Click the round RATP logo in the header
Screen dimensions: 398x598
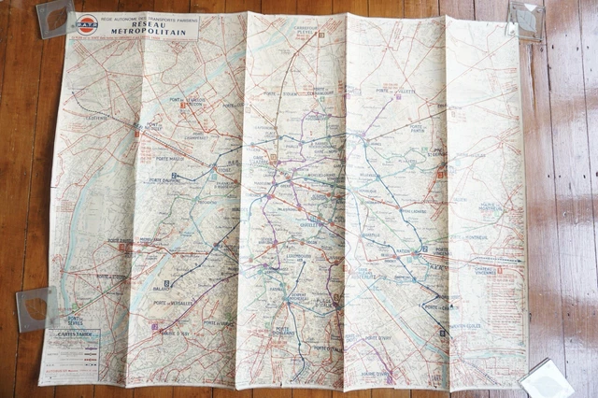pos(86,25)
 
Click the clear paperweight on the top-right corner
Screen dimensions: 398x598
pos(526,21)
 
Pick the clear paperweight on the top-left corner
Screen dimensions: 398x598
pos(56,16)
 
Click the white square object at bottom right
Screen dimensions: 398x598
pos(548,380)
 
